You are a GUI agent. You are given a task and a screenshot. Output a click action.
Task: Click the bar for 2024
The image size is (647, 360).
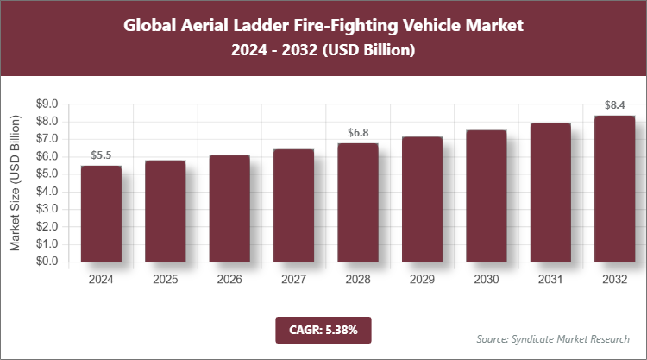click(x=101, y=213)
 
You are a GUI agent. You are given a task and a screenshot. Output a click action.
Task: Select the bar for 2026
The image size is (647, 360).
click(x=229, y=208)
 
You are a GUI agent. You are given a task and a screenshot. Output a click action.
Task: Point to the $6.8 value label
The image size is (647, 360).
click(x=358, y=133)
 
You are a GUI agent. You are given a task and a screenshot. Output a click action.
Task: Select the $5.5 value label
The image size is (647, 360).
click(x=102, y=155)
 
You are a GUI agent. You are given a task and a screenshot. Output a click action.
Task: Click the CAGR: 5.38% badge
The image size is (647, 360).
click(x=323, y=329)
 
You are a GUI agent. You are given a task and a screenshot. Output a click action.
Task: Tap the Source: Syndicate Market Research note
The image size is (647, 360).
click(x=553, y=338)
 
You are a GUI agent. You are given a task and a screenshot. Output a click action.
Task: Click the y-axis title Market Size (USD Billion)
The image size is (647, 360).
click(x=16, y=182)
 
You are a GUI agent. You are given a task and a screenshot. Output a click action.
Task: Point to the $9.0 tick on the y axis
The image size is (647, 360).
click(x=45, y=104)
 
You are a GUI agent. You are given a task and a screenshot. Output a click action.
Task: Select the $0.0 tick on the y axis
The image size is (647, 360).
click(x=45, y=262)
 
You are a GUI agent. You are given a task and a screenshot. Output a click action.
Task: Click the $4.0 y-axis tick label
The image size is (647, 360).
click(x=45, y=192)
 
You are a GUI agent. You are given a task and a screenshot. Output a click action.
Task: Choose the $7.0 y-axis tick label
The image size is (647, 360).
click(x=45, y=139)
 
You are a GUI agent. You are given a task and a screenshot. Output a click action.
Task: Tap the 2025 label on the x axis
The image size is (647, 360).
click(x=166, y=280)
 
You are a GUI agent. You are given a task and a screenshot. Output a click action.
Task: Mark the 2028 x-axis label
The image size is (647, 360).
click(x=358, y=280)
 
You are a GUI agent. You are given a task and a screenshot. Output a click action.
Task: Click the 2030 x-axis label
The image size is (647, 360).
click(x=486, y=280)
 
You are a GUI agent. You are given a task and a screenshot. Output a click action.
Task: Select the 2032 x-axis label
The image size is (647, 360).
click(x=614, y=280)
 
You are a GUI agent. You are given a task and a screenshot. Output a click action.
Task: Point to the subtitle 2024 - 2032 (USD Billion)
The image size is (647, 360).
click(x=323, y=51)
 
